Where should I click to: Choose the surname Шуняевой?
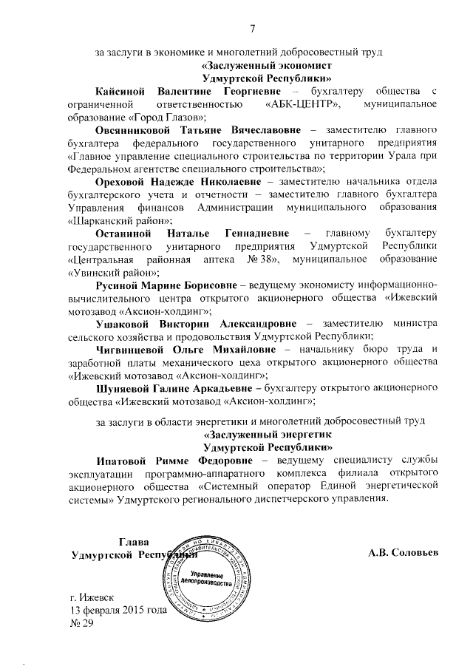pos(123,388)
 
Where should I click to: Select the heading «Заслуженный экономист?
pos(267,64)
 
